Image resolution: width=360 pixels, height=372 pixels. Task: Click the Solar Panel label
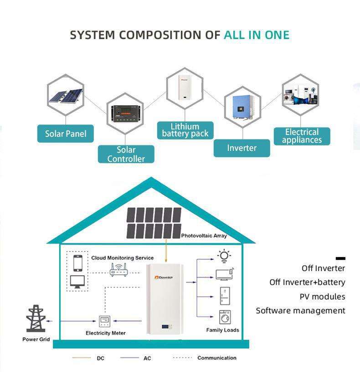click(66, 134)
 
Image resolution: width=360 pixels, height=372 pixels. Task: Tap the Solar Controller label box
click(126, 154)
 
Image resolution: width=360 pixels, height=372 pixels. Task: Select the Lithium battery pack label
click(185, 130)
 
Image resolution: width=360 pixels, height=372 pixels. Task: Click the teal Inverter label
click(242, 148)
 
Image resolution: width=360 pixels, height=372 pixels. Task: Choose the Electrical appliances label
click(302, 136)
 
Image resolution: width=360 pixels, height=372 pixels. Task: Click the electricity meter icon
click(106, 321)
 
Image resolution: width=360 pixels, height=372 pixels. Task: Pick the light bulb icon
click(224, 256)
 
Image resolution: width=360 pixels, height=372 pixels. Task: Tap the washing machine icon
click(225, 316)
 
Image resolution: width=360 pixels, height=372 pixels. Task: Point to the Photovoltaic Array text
click(204, 236)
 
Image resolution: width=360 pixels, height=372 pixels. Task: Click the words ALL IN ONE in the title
click(257, 35)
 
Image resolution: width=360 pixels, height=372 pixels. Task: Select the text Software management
click(300, 311)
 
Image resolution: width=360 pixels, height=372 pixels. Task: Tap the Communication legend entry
click(216, 358)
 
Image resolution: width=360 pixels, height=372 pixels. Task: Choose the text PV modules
click(322, 297)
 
